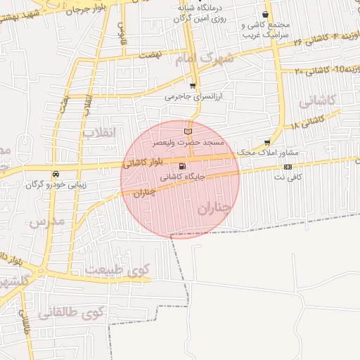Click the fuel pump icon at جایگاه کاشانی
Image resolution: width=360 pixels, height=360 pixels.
click(x=183, y=167)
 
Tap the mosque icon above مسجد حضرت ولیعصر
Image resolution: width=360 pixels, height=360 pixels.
click(x=187, y=131)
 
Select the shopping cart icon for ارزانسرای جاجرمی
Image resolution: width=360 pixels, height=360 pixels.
click(x=192, y=86)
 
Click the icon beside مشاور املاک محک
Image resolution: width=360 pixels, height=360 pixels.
click(x=266, y=141)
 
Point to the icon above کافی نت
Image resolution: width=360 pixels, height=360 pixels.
click(x=288, y=167)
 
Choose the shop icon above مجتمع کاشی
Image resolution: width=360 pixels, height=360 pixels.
click(x=265, y=14)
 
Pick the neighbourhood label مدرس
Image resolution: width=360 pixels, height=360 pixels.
click(x=47, y=221)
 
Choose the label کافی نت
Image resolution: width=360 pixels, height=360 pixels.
click(x=288, y=177)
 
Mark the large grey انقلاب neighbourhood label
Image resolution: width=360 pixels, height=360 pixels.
click(x=98, y=131)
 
